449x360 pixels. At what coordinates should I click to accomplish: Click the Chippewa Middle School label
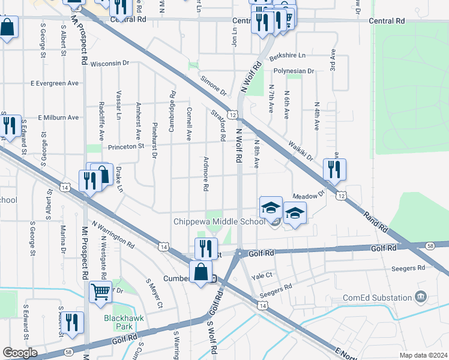tap(219, 221)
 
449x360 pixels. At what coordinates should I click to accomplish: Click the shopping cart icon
tap(101, 292)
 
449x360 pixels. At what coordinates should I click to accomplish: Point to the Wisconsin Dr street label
tap(110, 62)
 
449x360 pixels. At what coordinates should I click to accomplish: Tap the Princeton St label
tap(126, 146)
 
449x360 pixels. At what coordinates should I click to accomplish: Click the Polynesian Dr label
tap(294, 71)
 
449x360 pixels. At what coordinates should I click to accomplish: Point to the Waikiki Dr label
tap(301, 150)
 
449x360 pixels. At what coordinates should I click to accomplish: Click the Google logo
tap(20, 353)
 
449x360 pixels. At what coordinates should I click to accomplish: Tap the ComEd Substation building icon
tap(421, 296)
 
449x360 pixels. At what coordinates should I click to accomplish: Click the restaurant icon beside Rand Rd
tap(334, 170)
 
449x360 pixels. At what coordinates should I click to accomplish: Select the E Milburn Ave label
tap(58, 118)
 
